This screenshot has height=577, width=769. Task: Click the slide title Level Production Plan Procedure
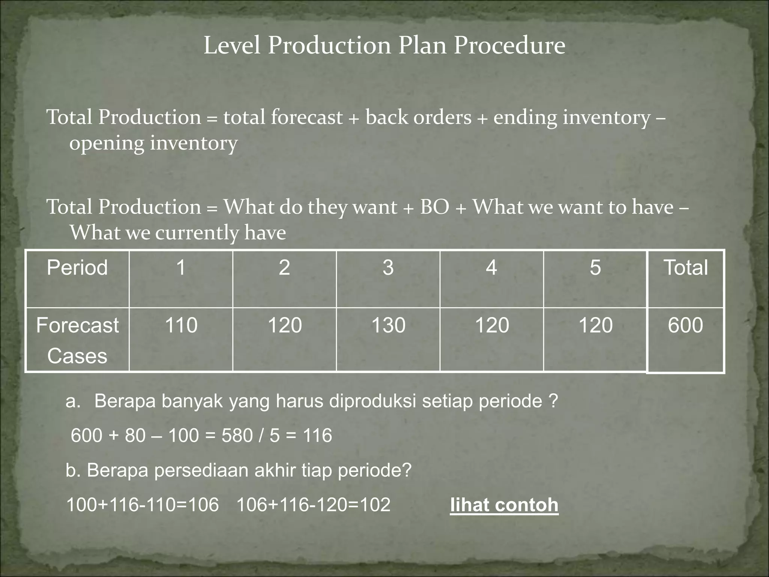coord(384,45)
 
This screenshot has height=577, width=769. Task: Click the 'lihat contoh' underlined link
coord(504,504)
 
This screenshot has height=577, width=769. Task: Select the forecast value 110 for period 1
coord(181,325)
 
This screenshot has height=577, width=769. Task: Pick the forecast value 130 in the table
coord(388,325)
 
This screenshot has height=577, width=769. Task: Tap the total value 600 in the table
coord(685,325)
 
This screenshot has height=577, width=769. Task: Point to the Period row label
coord(77,267)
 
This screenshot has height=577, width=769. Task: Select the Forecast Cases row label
coord(77,340)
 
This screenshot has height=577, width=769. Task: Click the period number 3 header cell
coord(388,267)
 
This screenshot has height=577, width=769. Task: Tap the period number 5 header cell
coord(595,267)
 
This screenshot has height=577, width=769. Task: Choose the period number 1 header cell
coord(181,267)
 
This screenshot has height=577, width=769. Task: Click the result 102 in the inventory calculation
coord(375,504)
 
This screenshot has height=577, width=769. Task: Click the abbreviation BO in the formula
coord(434,207)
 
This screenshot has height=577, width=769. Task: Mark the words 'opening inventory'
coord(153,143)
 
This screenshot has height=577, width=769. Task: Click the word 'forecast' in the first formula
coord(306,117)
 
